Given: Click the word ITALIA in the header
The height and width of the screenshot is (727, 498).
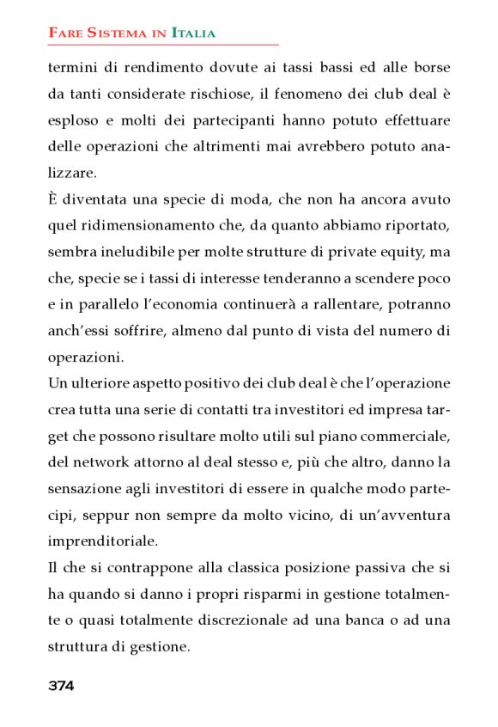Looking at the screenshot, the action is (193, 34).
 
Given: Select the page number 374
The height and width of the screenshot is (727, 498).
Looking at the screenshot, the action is (61, 686).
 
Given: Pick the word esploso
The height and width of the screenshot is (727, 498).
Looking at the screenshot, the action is (72, 119).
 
